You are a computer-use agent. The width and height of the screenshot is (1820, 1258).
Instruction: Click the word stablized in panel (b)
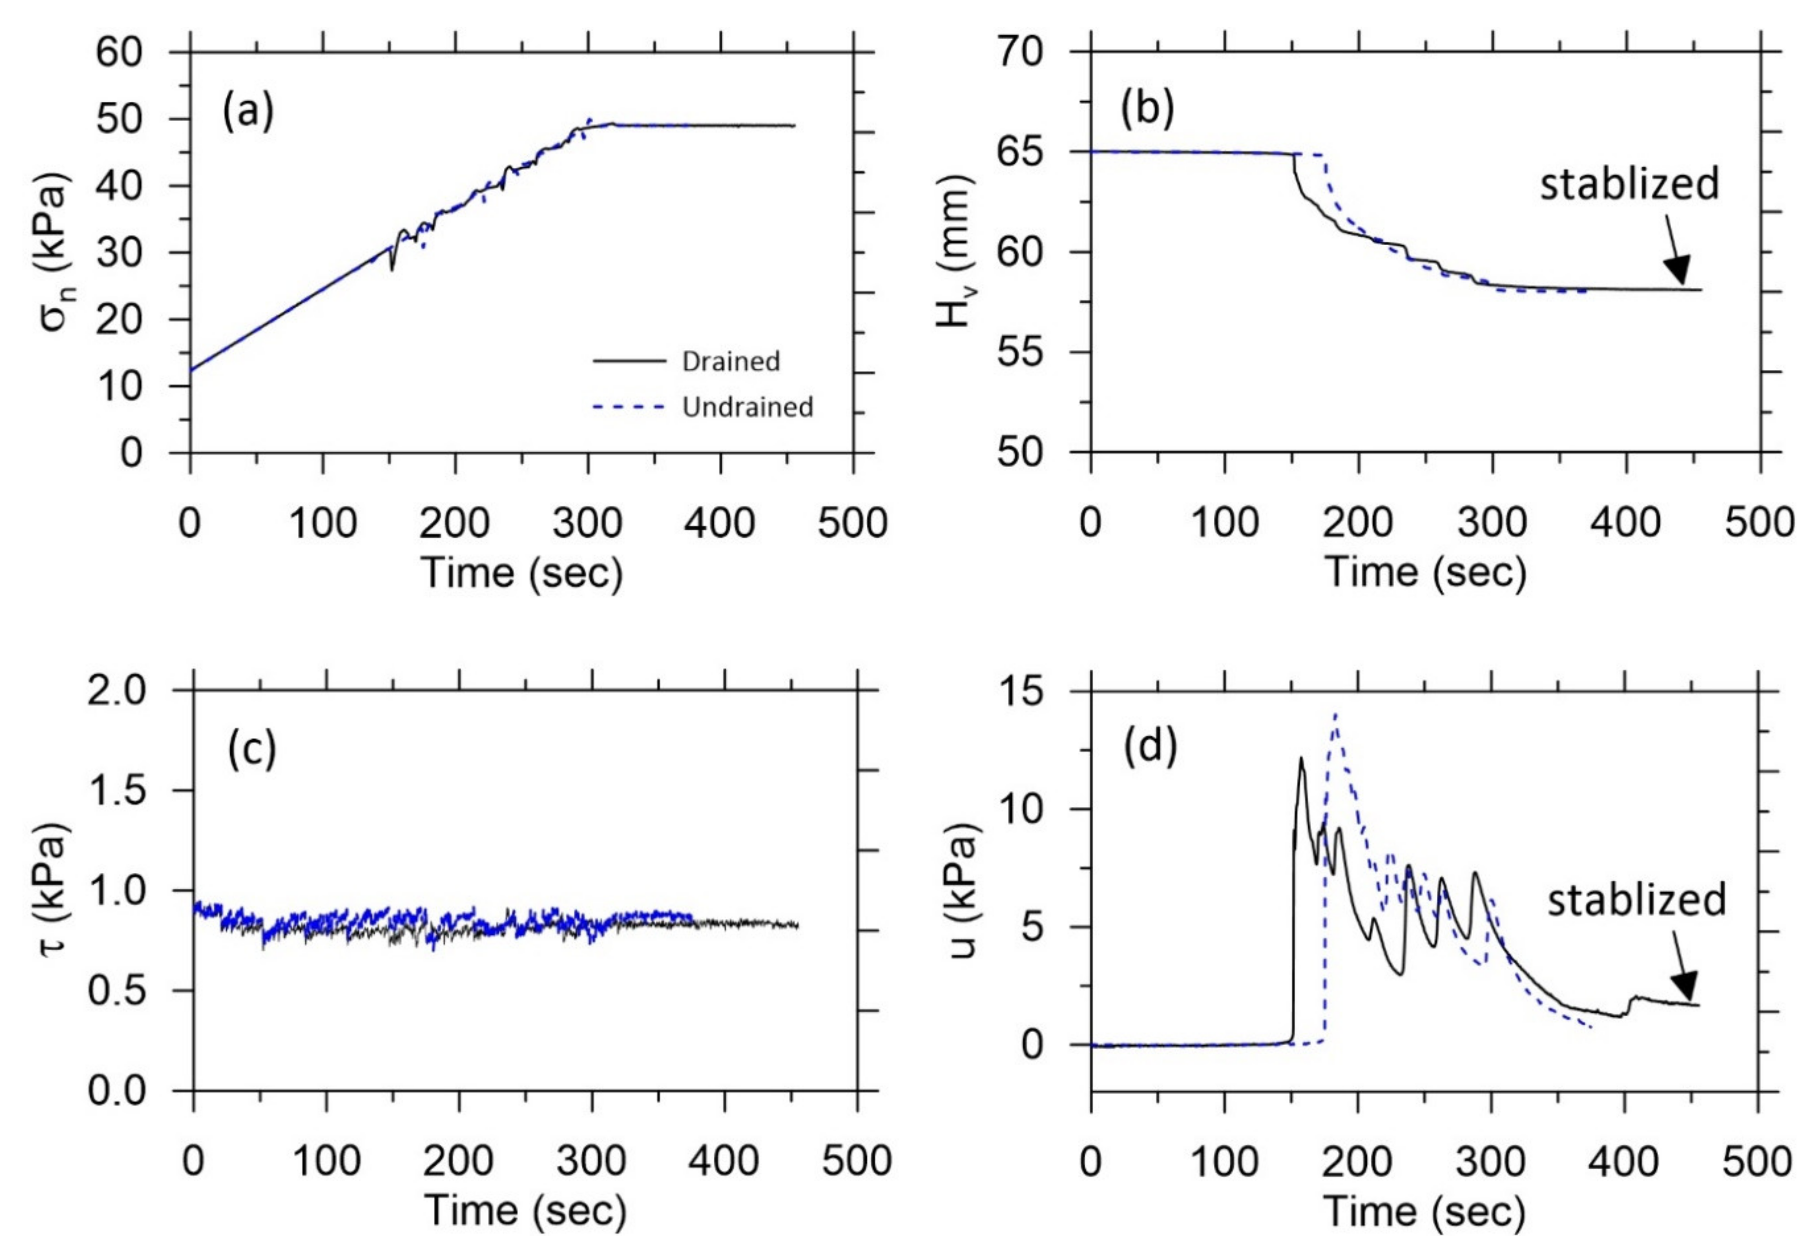tap(1629, 185)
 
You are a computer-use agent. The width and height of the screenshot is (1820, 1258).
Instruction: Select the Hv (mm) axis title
tap(956, 252)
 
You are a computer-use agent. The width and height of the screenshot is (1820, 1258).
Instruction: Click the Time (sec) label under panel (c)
tap(525, 1209)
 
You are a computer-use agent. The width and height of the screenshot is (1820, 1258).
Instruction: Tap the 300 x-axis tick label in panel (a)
tap(587, 522)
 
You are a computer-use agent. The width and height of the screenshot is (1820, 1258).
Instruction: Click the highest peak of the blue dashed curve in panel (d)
tap(1334, 714)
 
